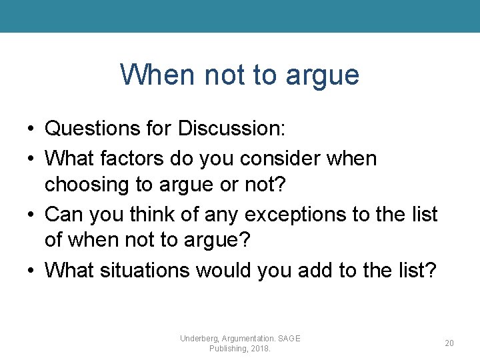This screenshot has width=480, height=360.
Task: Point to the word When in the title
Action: pos(153,74)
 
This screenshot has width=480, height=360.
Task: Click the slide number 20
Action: pos(449,343)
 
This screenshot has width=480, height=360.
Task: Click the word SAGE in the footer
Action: pos(289,338)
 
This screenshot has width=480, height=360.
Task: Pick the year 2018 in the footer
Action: pos(260,349)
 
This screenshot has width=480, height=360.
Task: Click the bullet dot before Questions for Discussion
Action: pos(31,129)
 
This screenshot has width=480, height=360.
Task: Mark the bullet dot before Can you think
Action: pos(31,215)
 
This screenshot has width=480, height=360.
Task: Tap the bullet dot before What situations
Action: pos(31,271)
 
